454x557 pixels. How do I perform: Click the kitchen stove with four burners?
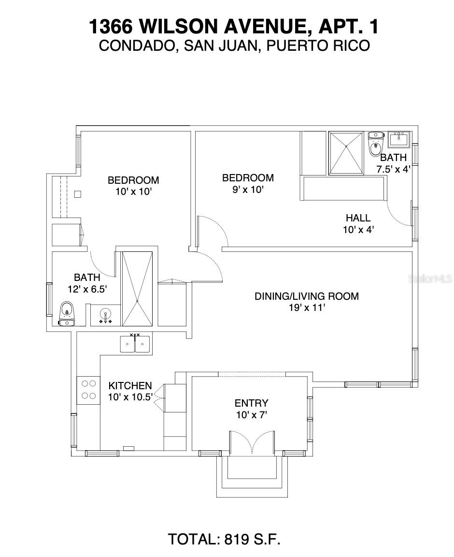coord(88,389)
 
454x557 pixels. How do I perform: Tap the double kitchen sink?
coord(135,344)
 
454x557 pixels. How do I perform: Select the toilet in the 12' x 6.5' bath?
coord(66,314)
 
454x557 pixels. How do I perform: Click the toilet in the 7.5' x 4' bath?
coord(375,144)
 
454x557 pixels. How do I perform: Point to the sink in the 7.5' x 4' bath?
coord(399,139)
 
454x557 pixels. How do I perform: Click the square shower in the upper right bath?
coord(345,153)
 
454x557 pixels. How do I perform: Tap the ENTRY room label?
coord(251,403)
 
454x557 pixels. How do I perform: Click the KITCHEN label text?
coord(130,386)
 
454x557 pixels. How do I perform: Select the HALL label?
coord(358,218)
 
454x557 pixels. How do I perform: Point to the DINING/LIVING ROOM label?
coord(306,296)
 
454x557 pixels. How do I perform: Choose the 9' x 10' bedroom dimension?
coord(247,190)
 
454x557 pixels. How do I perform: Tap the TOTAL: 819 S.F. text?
coord(224,539)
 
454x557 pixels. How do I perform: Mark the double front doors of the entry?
coord(252,442)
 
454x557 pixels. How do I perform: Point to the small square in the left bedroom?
coord(77,194)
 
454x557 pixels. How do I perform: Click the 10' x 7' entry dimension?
coord(251,414)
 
